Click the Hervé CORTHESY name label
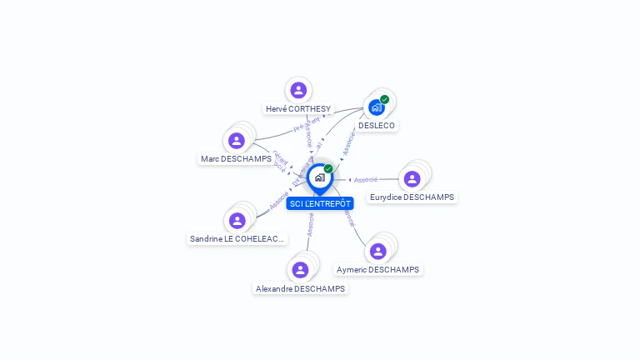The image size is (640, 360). (298, 108)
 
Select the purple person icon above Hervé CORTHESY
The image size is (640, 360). (298, 90)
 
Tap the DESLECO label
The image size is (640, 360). (377, 125)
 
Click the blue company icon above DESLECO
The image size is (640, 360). (377, 107)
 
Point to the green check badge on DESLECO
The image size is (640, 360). (385, 99)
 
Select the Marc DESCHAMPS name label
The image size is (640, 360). (236, 158)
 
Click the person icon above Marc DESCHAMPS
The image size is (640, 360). (237, 140)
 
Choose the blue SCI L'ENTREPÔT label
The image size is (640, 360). (320, 203)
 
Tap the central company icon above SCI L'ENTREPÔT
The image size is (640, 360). (319, 177)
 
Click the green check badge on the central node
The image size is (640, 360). (328, 168)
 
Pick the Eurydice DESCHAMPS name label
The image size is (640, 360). (412, 197)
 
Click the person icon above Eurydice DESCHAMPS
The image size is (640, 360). (412, 178)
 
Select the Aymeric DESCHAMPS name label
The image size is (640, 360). (377, 269)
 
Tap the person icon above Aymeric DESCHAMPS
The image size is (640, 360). (378, 251)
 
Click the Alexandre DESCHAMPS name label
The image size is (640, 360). (300, 288)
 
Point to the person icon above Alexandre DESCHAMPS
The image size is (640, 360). (300, 269)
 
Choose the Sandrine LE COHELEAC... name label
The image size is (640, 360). (237, 238)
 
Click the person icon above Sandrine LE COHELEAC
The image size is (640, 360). (237, 220)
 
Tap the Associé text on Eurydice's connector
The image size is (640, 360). (366, 179)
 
